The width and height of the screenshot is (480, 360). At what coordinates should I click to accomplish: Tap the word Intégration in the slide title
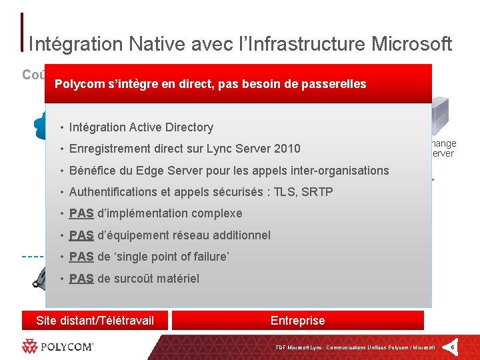(66, 44)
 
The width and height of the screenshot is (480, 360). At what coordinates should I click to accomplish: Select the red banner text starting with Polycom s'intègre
(210, 84)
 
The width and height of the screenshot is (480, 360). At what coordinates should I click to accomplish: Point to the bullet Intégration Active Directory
(141, 127)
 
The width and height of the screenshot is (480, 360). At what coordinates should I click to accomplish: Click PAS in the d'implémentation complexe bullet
(81, 213)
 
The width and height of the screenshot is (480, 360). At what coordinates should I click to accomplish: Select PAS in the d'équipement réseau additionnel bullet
(81, 235)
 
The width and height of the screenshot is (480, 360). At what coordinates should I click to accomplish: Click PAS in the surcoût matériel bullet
(81, 279)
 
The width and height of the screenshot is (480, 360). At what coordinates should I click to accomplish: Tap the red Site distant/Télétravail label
(95, 321)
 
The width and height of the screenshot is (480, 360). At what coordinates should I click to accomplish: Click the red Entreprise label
(297, 321)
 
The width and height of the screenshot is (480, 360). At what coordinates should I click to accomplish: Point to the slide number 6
(453, 347)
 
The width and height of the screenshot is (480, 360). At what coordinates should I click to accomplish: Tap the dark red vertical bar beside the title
(23, 32)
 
